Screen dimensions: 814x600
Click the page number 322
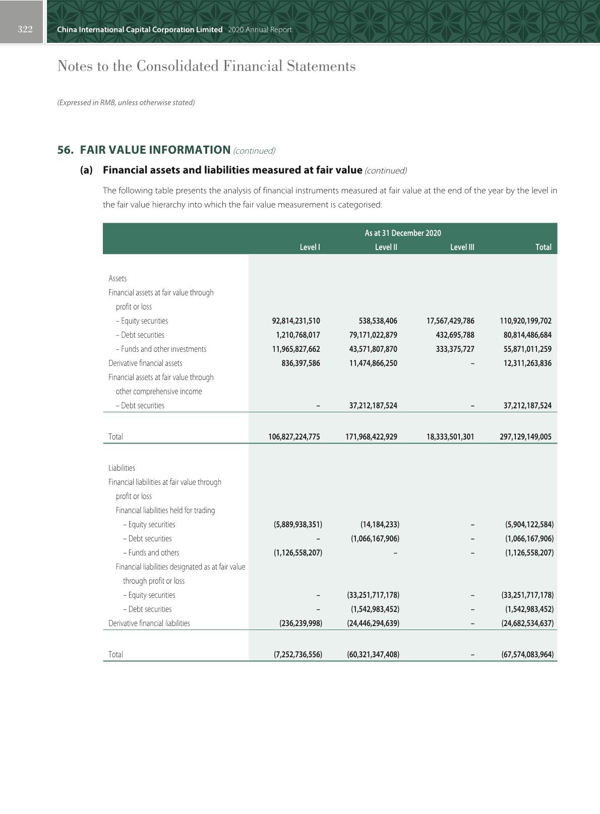pyautogui.click(x=25, y=29)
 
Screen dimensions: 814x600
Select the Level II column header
pyautogui.click(x=386, y=247)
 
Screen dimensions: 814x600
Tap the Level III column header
pyautogui.click(x=462, y=247)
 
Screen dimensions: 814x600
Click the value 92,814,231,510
pyautogui.click(x=296, y=321)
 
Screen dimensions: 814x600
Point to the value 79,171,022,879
pyautogui.click(x=373, y=335)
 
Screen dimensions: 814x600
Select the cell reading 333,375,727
pyautogui.click(x=455, y=349)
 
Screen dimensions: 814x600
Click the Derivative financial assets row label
pyautogui.click(x=145, y=363)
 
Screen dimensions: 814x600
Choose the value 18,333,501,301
pyautogui.click(x=450, y=436)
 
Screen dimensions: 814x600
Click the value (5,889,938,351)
pyautogui.click(x=298, y=524)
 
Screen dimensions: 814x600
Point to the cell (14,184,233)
pyautogui.click(x=380, y=524)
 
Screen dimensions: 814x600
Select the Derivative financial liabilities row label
pyautogui.click(x=149, y=623)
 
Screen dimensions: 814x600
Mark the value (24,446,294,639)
pyautogui.click(x=373, y=623)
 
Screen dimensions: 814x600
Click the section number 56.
pyautogui.click(x=66, y=150)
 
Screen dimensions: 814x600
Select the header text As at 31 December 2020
pyautogui.click(x=403, y=233)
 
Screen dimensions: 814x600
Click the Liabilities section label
pyautogui.click(x=122, y=468)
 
